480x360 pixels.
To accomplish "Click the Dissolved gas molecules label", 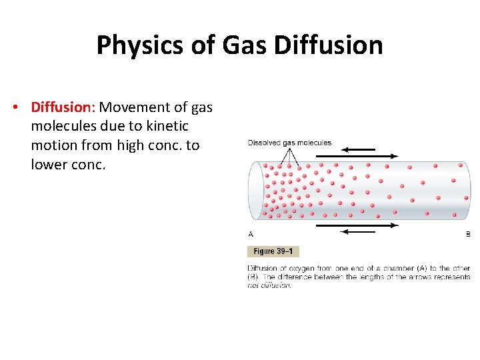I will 289,143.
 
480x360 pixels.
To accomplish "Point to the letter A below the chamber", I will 251,234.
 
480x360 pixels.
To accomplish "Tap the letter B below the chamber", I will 467,234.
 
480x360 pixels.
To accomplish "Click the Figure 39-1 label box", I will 273,251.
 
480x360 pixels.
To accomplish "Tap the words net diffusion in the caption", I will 269,285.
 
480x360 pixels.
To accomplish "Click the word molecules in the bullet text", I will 63,126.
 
